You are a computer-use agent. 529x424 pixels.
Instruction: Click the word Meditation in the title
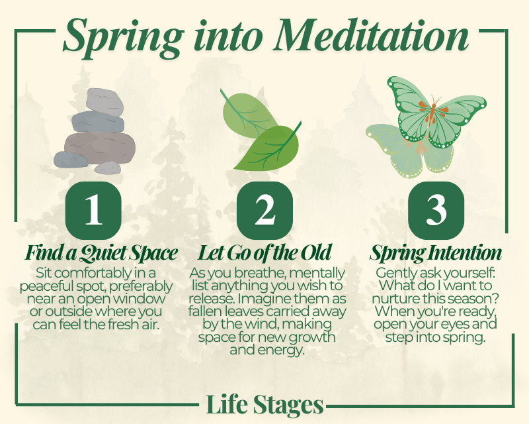371,36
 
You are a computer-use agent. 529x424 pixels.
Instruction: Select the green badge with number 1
93,210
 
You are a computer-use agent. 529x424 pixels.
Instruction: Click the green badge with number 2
265,210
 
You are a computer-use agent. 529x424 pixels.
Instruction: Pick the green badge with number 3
436,210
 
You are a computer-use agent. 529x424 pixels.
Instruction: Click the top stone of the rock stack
104,101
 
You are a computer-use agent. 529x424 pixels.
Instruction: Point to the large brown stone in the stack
100,148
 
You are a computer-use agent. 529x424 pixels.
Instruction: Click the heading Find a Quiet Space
101,253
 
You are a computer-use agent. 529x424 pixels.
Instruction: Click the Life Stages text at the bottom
265,404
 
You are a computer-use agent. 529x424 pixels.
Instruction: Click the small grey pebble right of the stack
108,168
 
